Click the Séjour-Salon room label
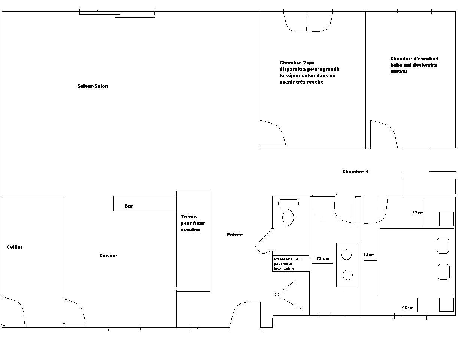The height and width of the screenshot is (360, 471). click(92, 86)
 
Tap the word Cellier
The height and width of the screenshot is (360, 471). click(15, 247)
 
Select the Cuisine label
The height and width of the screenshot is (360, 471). click(108, 255)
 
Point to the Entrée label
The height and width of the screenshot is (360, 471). click(235, 235)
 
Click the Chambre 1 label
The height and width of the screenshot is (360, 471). click(355, 172)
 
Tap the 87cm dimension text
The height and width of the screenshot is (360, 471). click(418, 213)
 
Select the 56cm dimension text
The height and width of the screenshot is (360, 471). click(408, 308)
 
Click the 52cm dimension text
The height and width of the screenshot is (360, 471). click(369, 255)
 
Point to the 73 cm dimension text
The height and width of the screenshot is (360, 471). click(323, 259)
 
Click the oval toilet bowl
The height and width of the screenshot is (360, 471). click(288, 217)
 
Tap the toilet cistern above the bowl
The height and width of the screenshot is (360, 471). click(288, 203)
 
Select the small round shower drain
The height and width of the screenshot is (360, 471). click(277, 294)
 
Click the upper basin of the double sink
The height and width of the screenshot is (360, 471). click(347, 255)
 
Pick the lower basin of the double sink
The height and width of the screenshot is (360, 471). click(347, 275)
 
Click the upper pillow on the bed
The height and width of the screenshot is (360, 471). click(443, 246)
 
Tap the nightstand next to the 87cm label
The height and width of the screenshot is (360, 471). click(446, 219)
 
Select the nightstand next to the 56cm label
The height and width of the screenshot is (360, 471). click(446, 305)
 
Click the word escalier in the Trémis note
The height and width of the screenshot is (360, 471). click(191, 230)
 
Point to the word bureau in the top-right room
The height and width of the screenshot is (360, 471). click(399, 72)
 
